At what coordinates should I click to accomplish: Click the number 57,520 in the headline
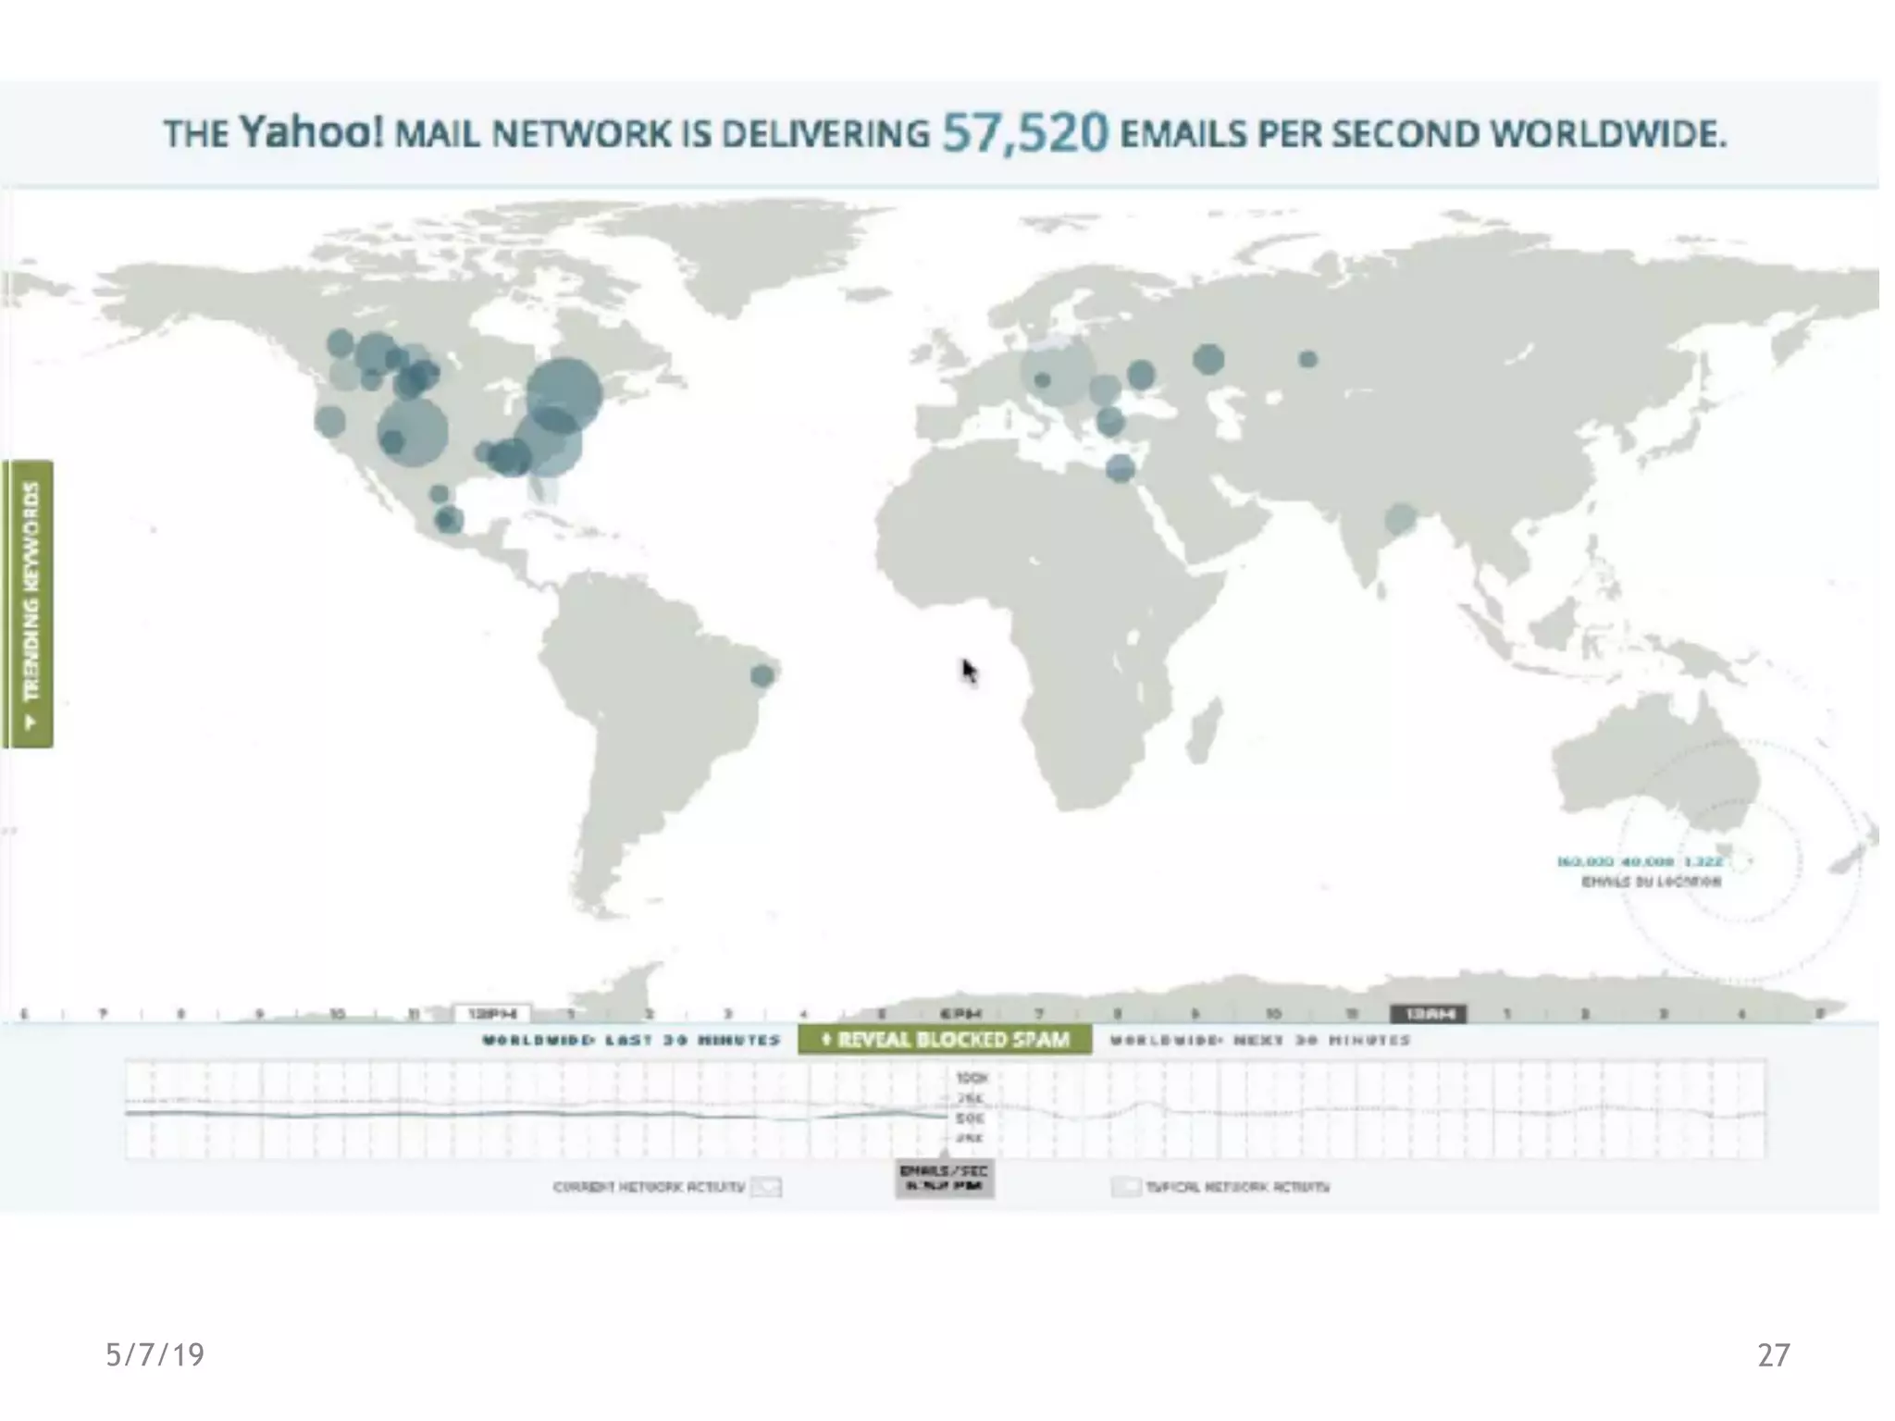click(x=1024, y=133)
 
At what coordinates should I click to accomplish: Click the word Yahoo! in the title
click(x=311, y=132)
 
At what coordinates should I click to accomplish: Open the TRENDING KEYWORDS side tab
click(x=29, y=603)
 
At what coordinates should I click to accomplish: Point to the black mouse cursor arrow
click(x=968, y=670)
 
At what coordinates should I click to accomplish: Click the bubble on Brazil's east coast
click(x=762, y=675)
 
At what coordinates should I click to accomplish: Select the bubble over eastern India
click(x=1400, y=518)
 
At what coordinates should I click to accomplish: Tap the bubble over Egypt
click(x=1120, y=468)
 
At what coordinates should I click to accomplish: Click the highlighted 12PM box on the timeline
click(x=492, y=1014)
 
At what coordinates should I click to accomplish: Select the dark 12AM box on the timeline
click(x=1428, y=1014)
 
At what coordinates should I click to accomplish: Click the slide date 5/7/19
click(x=155, y=1354)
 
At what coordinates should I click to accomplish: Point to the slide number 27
click(x=1773, y=1354)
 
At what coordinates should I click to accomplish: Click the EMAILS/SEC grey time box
click(x=944, y=1178)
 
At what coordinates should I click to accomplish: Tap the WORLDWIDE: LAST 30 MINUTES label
click(x=631, y=1040)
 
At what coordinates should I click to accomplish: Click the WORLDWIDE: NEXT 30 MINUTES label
click(x=1259, y=1040)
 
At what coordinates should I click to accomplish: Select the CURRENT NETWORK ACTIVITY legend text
click(x=649, y=1186)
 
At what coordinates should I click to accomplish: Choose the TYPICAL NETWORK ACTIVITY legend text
click(x=1237, y=1186)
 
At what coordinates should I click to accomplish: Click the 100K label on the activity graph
click(x=972, y=1078)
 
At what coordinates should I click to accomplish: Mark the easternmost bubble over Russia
click(x=1307, y=359)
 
